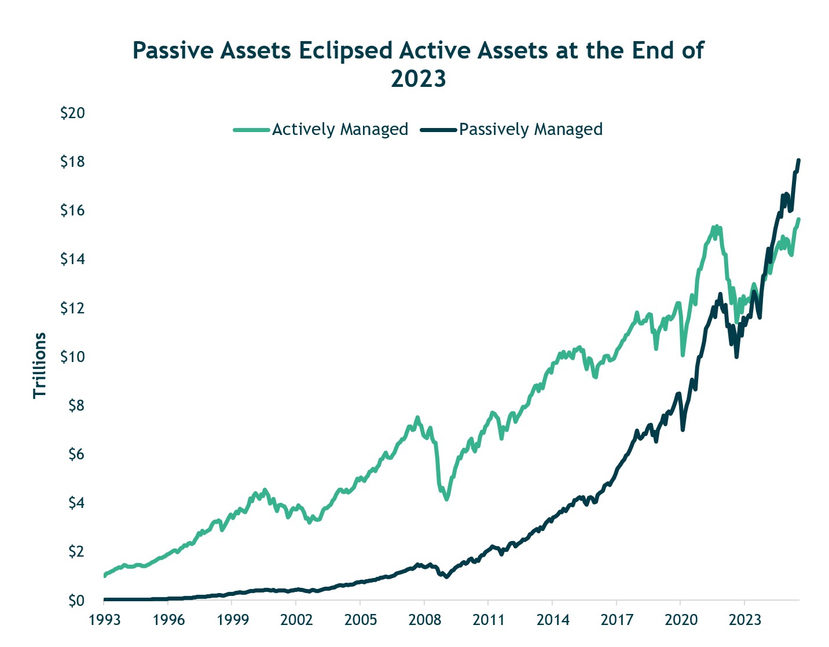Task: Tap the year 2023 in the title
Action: (418, 79)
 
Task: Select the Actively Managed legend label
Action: (340, 129)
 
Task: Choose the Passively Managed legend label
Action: (530, 129)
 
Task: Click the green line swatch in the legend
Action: (251, 130)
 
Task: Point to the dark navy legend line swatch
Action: (439, 130)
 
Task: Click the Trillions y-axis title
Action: (39, 365)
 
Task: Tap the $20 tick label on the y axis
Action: (73, 113)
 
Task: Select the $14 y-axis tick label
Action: (73, 259)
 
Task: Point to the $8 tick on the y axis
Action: (75, 405)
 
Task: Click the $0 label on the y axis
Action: (75, 601)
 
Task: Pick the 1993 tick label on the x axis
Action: (104, 620)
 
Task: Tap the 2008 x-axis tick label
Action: (424, 620)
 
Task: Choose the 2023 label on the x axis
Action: (744, 620)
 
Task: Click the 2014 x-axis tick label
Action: (552, 620)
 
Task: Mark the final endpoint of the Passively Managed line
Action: (798, 160)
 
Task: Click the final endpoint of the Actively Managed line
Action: (798, 220)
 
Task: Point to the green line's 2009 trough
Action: (446, 499)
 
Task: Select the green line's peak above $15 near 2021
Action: (716, 227)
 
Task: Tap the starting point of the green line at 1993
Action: (105, 576)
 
